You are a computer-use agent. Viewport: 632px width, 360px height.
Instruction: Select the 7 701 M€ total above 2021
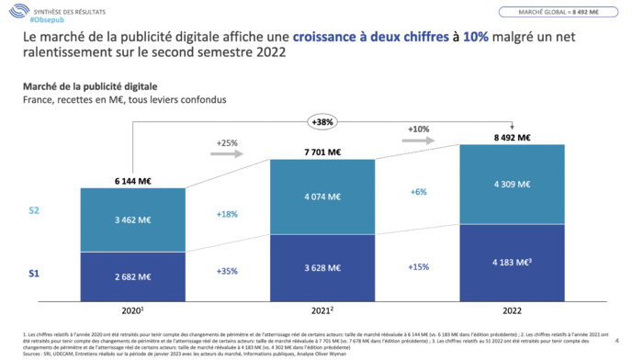[x=322, y=152]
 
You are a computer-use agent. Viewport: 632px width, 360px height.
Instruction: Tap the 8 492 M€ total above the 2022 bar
[x=510, y=138]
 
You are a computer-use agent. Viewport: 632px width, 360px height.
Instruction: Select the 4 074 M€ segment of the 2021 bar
[x=322, y=196]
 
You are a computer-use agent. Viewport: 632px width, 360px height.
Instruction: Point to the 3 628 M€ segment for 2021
[x=322, y=266]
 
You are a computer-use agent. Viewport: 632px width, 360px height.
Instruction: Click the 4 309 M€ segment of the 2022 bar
[x=510, y=184]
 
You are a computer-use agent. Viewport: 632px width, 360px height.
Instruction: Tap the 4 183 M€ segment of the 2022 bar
[x=510, y=262]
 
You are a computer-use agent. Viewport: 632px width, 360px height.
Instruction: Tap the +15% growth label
[x=418, y=266]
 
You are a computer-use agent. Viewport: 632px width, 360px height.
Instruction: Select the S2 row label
[x=33, y=211]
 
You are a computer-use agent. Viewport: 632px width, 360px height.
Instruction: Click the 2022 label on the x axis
[x=510, y=310]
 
